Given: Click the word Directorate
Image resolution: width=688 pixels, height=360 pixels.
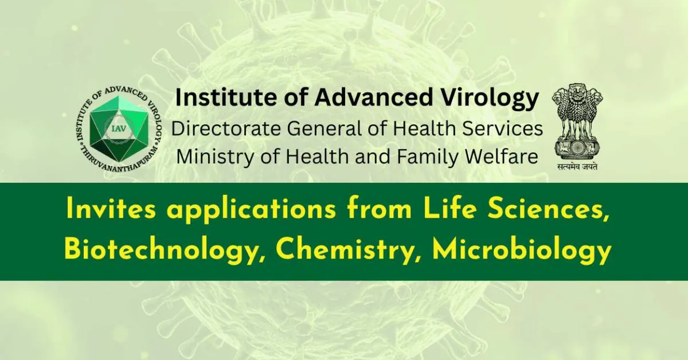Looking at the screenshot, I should pos(226,128).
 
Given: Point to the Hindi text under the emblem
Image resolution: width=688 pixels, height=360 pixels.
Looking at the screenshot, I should pos(576,167).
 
